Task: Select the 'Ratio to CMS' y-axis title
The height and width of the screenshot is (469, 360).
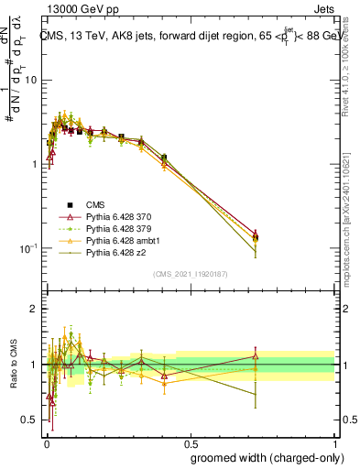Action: (14, 365)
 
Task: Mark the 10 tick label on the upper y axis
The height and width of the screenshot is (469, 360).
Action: (30, 80)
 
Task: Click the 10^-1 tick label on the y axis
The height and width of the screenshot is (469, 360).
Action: (27, 248)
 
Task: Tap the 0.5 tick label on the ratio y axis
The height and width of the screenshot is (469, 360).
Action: (30, 420)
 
